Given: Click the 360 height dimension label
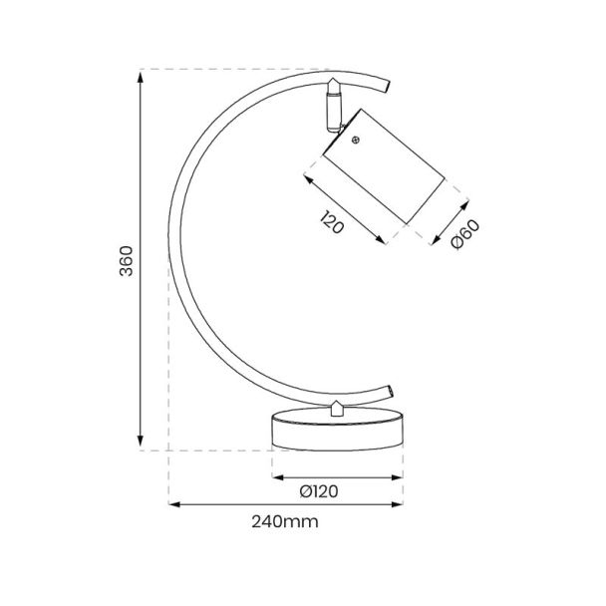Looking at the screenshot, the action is point(127,261).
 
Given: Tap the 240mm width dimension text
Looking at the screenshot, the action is point(285,521).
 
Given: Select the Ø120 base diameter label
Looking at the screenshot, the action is point(319,491).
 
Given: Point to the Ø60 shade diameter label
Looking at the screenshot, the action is point(465,233).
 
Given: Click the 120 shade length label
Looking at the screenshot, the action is point(332,222).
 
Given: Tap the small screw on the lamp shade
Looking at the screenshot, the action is point(356,141).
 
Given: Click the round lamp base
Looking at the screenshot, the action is point(338,429).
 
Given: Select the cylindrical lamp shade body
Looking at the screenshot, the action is point(384,166).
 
